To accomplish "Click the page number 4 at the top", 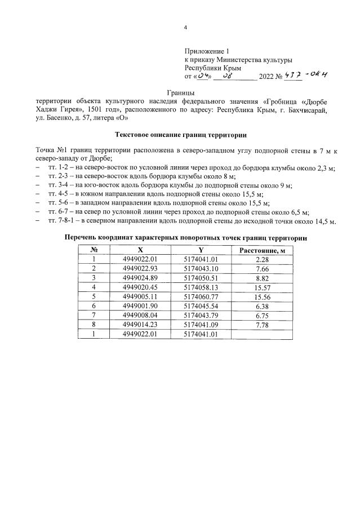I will [185, 28].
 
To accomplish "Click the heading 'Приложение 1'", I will [206, 51].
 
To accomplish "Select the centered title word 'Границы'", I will [180, 92].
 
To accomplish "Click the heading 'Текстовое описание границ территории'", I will [180, 135].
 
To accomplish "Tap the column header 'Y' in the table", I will [201, 250].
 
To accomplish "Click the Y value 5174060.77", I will [201, 296].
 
